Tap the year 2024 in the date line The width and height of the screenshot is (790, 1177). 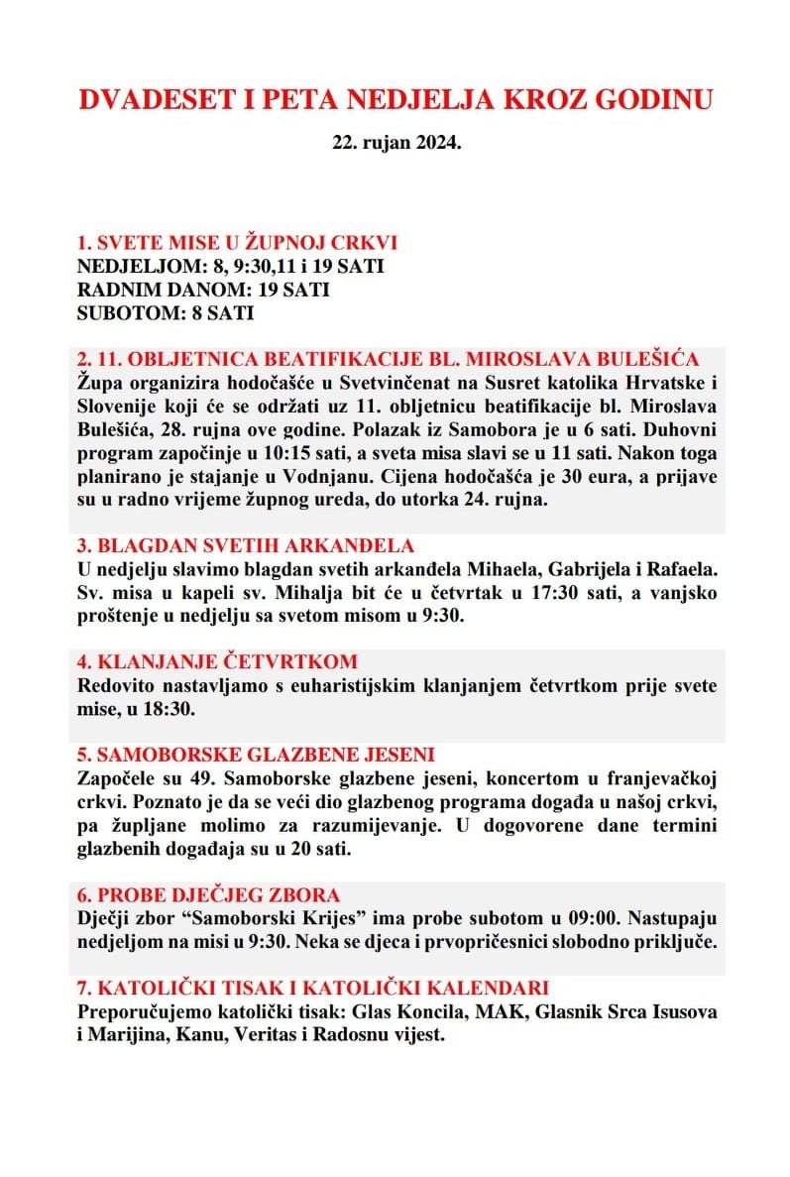438,143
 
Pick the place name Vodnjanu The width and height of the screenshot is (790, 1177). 339,475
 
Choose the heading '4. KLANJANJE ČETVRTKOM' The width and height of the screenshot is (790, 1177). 217,661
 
